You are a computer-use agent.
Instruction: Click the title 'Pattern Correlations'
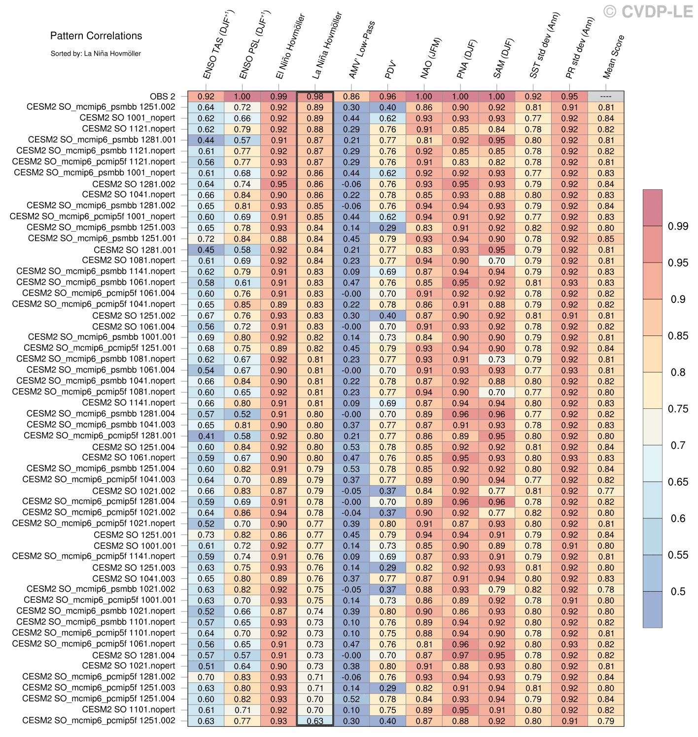pos(96,35)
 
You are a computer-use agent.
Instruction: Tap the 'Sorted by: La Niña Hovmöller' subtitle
pos(96,53)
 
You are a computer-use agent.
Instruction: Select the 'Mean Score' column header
pos(614,57)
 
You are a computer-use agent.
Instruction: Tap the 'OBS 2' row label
pos(162,97)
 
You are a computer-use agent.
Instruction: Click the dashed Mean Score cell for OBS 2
pos(606,97)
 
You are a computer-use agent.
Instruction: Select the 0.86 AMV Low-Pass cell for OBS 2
pos(351,97)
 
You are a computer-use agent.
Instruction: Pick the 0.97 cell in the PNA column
pos(460,655)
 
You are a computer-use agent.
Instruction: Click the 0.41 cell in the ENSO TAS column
pos(206,436)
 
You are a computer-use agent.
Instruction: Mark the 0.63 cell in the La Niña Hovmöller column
pos(315,721)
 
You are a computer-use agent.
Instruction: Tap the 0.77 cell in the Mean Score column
pos(606,491)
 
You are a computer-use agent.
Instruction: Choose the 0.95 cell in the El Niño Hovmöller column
pos(279,184)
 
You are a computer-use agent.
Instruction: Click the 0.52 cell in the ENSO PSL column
pos(242,414)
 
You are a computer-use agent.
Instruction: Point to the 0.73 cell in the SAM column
pos(497,360)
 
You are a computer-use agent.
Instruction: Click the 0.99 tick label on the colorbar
pos(678,226)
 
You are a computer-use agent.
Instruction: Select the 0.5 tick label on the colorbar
pos(678,591)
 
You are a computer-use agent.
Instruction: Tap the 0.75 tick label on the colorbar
pos(678,408)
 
